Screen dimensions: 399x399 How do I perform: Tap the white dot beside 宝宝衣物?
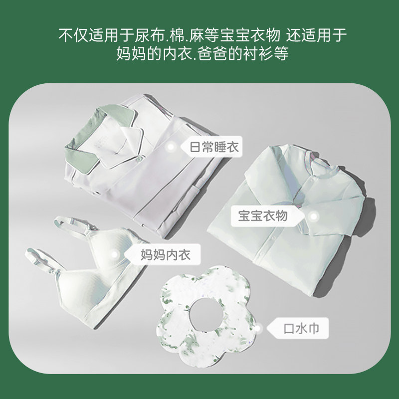pos(314,217)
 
